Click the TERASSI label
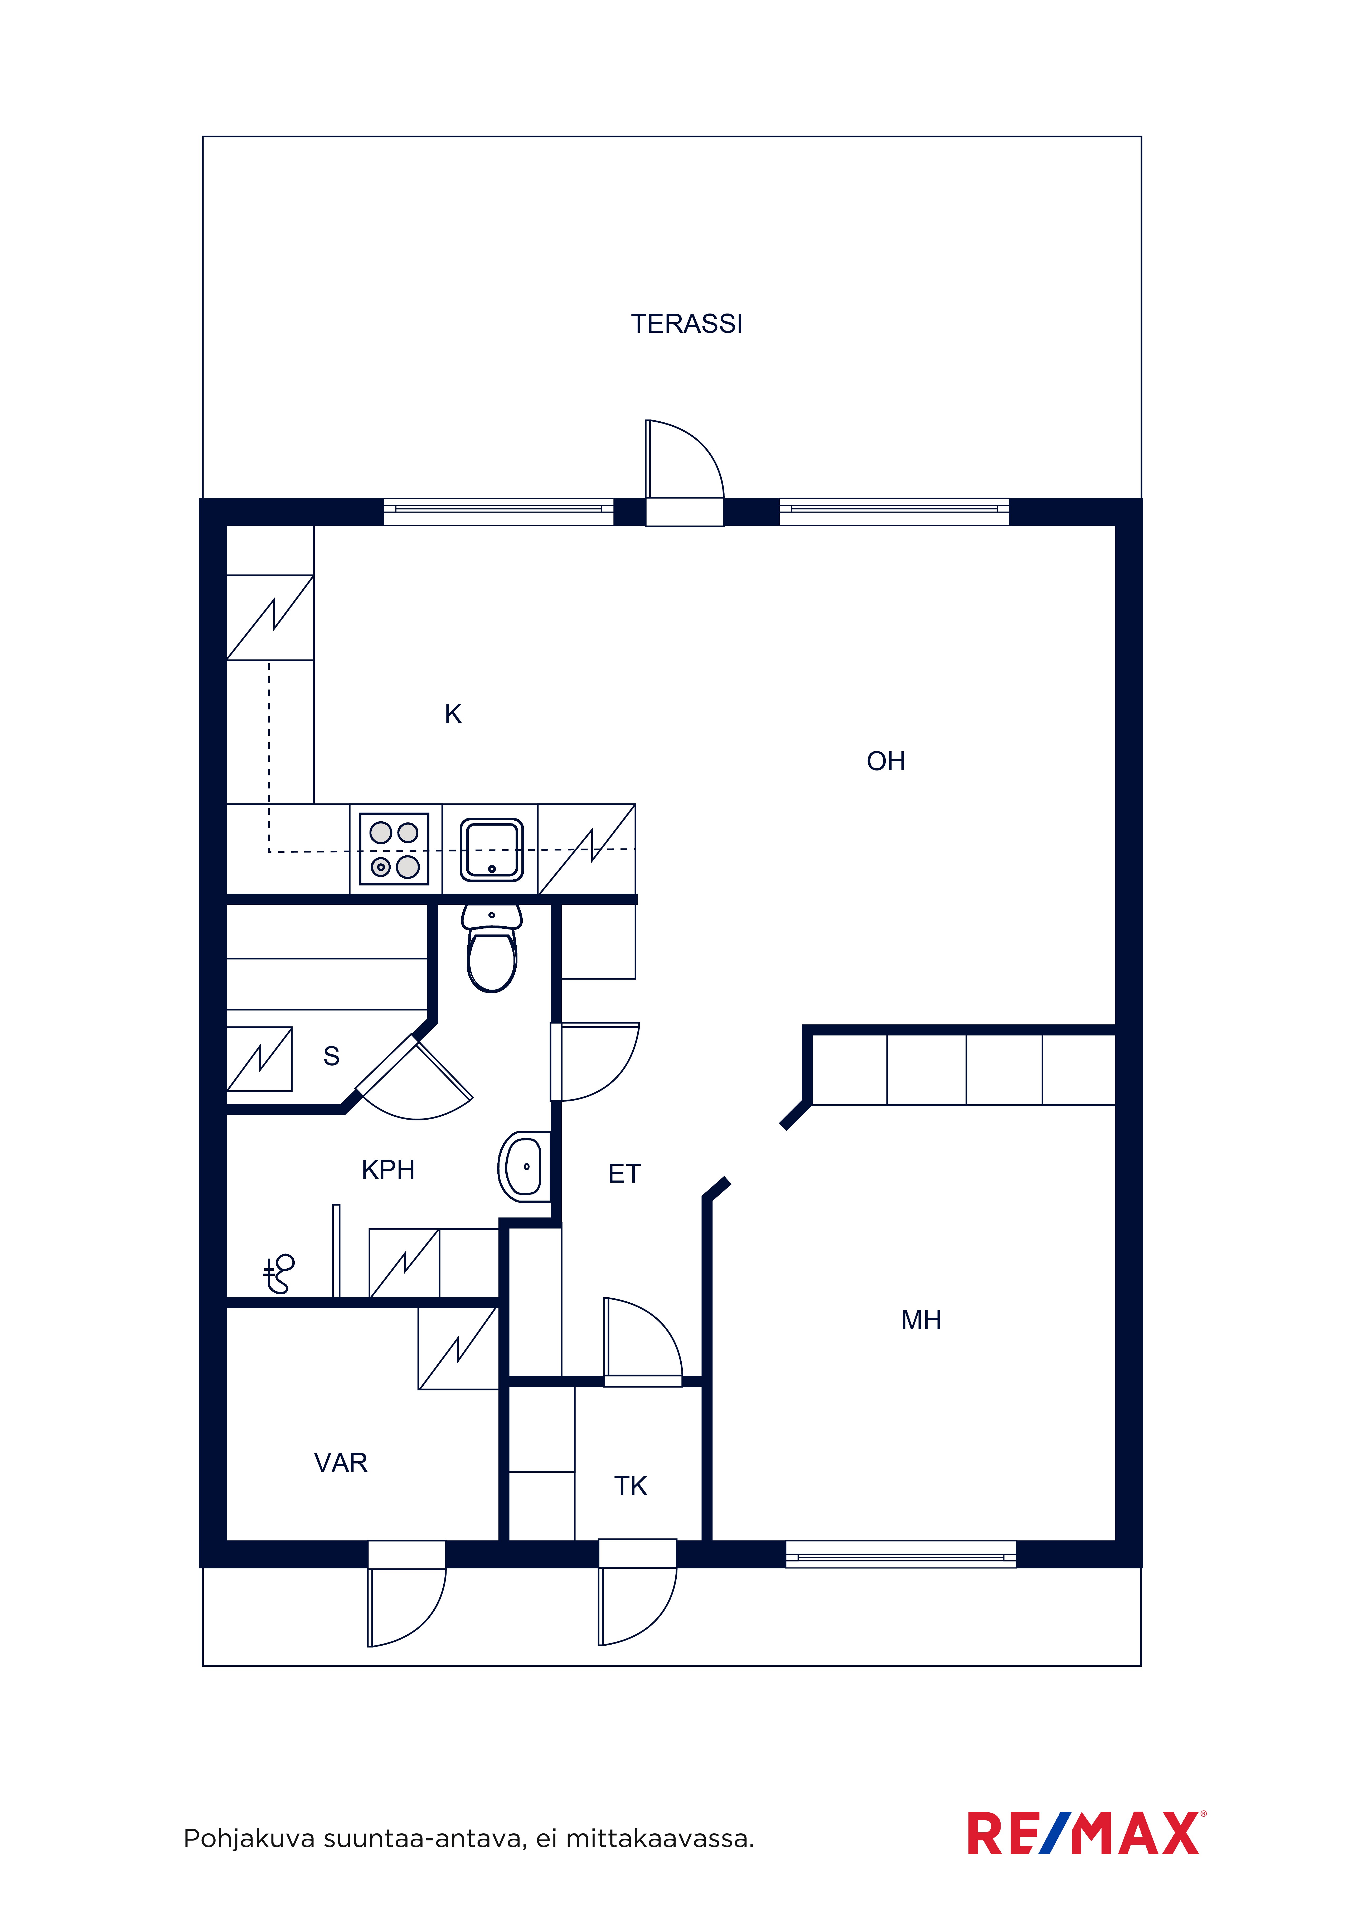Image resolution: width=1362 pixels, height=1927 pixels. [x=686, y=324]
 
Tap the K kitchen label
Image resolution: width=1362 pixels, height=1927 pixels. [x=453, y=714]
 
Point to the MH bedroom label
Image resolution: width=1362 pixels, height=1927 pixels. [x=920, y=1320]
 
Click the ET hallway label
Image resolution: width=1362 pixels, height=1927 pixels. [x=624, y=1173]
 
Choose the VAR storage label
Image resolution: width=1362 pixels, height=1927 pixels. [x=341, y=1463]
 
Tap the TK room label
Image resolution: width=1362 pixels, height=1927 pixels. [x=630, y=1486]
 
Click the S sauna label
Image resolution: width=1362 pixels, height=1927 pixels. [x=332, y=1056]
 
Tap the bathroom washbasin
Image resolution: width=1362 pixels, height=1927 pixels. [x=525, y=1167]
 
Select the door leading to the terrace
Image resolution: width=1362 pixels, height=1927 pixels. [x=684, y=473]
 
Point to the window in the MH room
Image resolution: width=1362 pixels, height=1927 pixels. [x=900, y=1554]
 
